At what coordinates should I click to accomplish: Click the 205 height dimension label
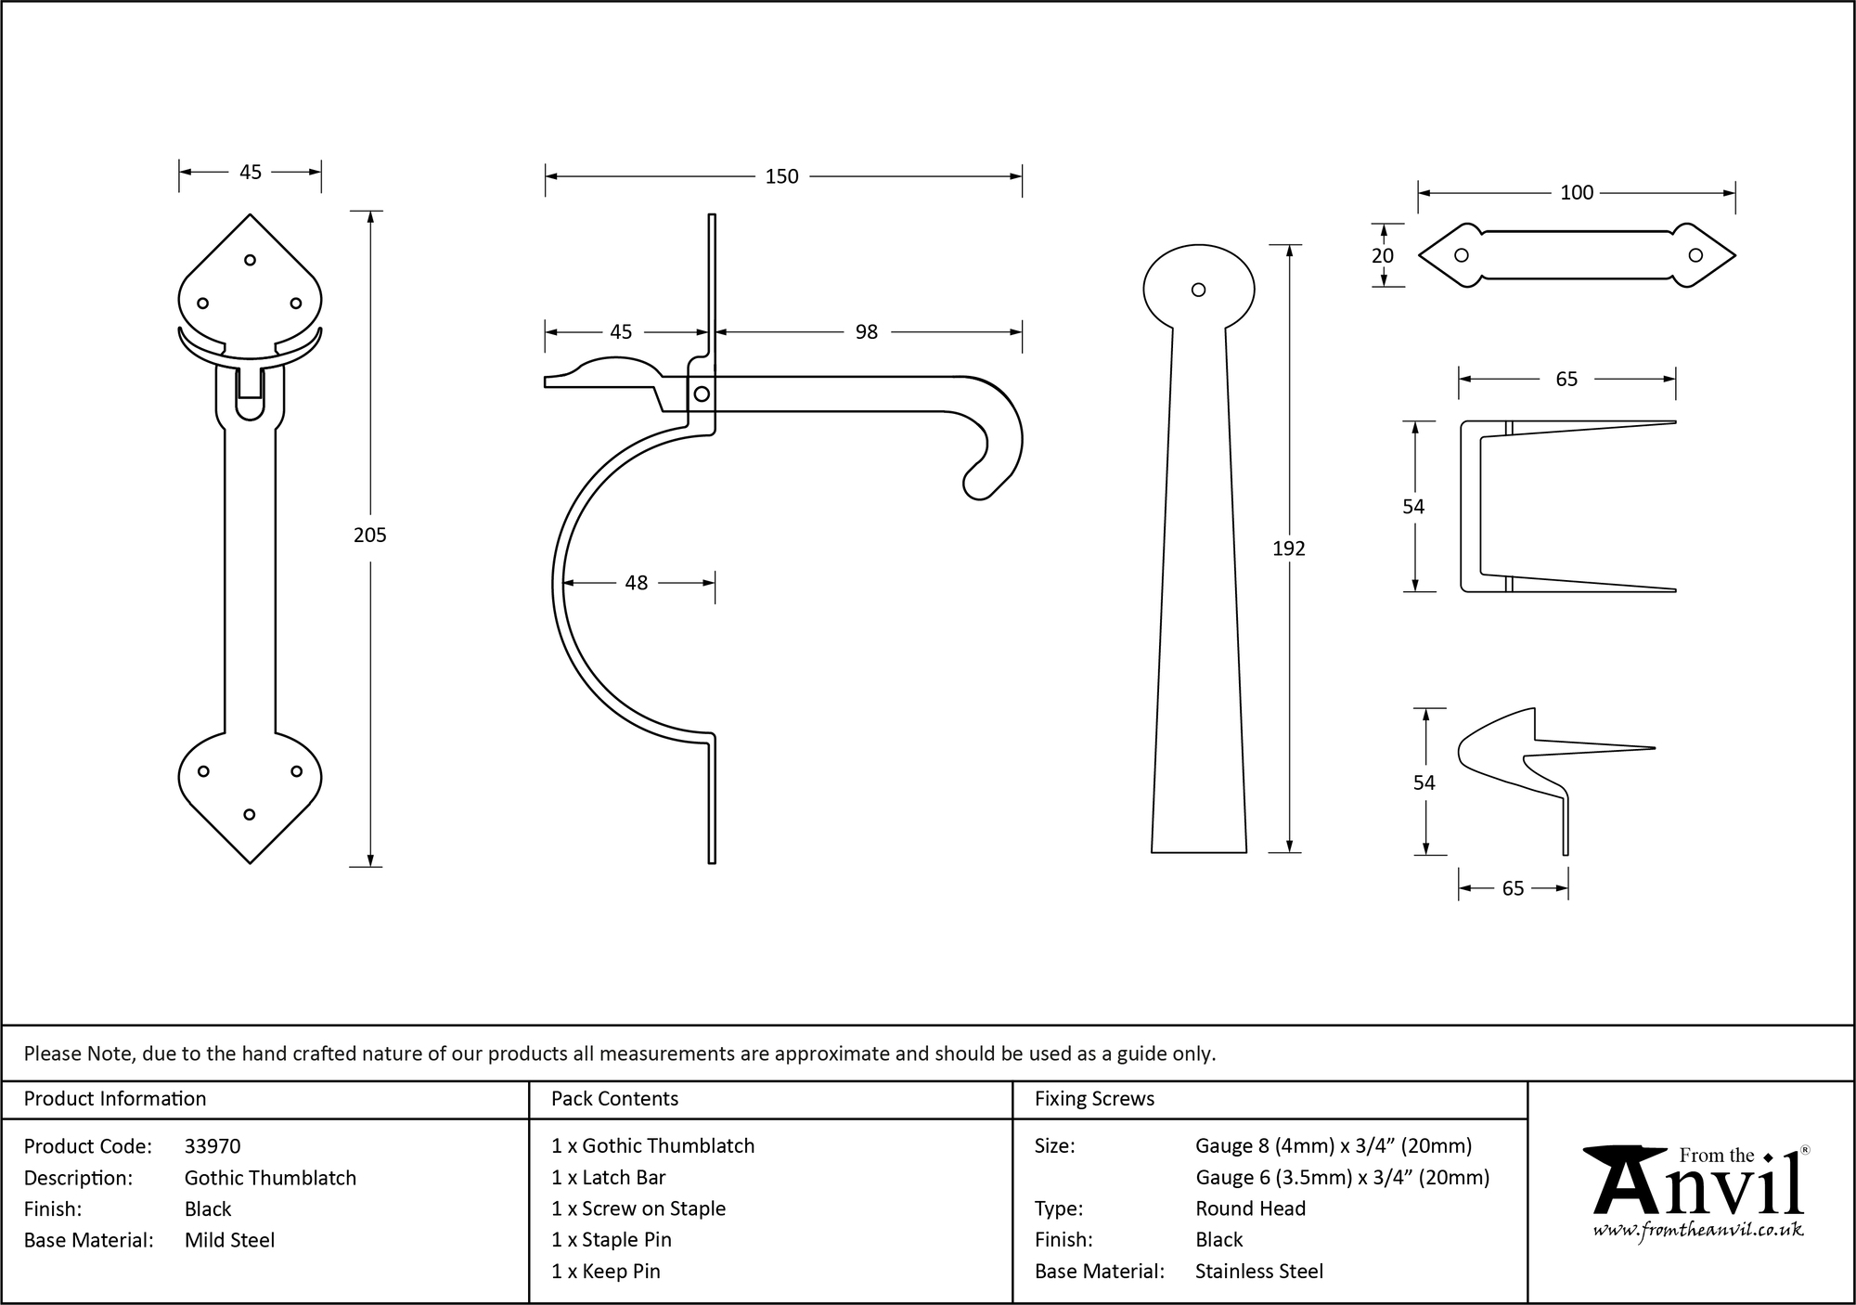tap(369, 535)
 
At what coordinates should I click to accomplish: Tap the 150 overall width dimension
tap(781, 176)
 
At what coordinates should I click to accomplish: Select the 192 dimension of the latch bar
tap(1288, 549)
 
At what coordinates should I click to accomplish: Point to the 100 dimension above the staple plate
tap(1577, 193)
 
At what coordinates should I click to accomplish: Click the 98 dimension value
tap(866, 332)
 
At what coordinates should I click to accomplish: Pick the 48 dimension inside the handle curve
tap(637, 583)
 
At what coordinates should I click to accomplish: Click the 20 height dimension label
tap(1383, 256)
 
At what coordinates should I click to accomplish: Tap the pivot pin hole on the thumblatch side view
tap(702, 394)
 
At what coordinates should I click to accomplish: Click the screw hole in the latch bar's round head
tap(1198, 291)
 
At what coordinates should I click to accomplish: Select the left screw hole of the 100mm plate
tap(1462, 256)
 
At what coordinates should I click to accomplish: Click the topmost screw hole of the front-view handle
tap(250, 261)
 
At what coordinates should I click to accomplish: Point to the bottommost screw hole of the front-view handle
tap(249, 815)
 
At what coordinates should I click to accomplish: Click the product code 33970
tap(213, 1146)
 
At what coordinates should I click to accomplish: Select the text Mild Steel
tap(229, 1240)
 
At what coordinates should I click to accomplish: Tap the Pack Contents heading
tap(614, 1099)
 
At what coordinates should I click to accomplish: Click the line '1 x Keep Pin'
tap(605, 1272)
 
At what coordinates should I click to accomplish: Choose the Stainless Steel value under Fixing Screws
tap(1258, 1272)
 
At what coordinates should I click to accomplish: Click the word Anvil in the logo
tap(1697, 1188)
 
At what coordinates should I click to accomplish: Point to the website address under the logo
tap(1697, 1231)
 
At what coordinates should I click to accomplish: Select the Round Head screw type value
tap(1250, 1208)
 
